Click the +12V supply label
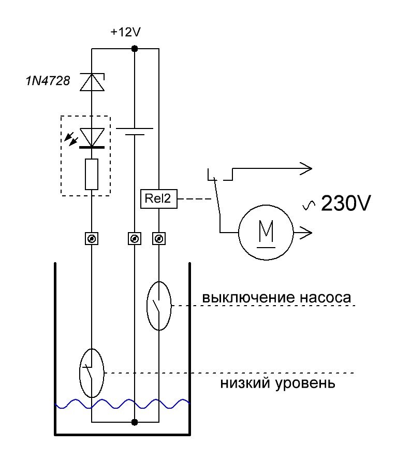coord(126,32)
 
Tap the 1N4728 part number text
coord(48,81)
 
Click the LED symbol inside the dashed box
coord(92,137)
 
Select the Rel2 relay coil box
coord(159,199)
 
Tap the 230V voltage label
coord(345,204)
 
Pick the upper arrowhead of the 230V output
coord(306,168)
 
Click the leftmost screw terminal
coord(92,239)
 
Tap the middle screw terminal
coord(135,239)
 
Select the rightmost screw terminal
coord(159,239)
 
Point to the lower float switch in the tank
coord(92,373)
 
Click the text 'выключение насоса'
coord(277,298)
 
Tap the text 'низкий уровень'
coord(278,384)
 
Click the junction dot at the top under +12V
coord(135,49)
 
